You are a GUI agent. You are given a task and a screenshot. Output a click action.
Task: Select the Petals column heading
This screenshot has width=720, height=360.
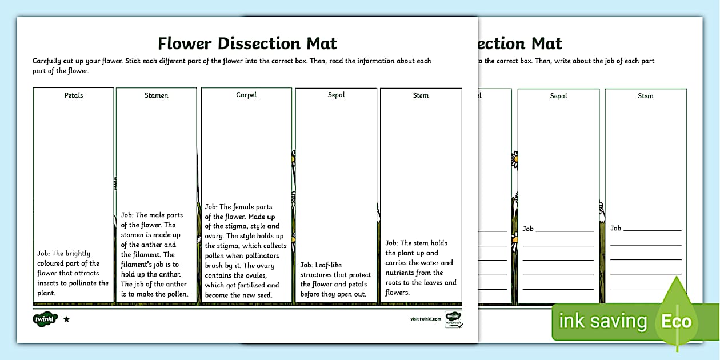(x=73, y=95)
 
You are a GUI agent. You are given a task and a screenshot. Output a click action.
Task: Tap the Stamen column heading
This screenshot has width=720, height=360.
(x=156, y=95)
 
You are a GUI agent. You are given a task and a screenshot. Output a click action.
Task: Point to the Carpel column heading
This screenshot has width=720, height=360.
(x=246, y=95)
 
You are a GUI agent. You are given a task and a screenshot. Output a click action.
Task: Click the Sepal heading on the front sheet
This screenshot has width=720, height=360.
(x=336, y=95)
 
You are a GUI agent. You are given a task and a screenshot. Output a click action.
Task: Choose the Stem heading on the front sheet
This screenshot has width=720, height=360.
(x=421, y=95)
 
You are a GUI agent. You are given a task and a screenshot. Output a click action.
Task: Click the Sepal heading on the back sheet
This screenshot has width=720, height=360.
(x=558, y=96)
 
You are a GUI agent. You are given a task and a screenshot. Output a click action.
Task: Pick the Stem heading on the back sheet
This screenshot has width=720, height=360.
(x=646, y=96)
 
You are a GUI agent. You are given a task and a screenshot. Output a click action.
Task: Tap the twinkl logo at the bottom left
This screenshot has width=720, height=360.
(x=45, y=319)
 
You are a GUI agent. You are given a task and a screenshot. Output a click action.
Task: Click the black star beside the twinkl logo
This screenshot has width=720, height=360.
(x=66, y=319)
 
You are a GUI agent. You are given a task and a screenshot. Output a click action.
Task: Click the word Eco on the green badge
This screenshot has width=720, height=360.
(x=677, y=321)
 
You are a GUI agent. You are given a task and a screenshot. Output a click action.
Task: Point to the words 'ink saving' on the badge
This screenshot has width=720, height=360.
(x=602, y=321)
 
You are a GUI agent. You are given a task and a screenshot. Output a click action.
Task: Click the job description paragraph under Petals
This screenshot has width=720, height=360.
(x=73, y=273)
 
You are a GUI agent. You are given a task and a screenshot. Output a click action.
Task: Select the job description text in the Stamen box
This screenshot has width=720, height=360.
(x=156, y=255)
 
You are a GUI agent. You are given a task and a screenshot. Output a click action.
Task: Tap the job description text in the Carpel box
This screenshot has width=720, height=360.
(x=245, y=251)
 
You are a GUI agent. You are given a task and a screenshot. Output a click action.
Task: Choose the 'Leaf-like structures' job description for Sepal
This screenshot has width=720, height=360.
(x=335, y=279)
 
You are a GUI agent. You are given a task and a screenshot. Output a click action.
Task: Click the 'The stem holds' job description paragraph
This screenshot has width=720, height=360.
(x=421, y=267)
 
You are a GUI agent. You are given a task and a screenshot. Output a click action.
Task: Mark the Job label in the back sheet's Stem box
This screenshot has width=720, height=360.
(x=615, y=228)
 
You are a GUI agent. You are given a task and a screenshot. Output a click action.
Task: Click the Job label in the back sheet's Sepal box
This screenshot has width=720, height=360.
(x=528, y=229)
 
